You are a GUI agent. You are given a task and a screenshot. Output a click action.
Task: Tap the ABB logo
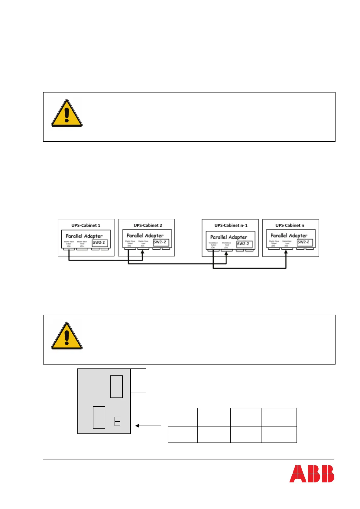pyautogui.click(x=312, y=474)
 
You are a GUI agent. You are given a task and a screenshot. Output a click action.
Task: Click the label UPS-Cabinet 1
pyautogui.click(x=86, y=225)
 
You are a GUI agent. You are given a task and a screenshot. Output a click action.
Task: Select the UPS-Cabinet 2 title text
pyautogui.click(x=148, y=225)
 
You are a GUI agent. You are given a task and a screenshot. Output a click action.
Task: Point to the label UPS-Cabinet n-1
pyautogui.click(x=231, y=225)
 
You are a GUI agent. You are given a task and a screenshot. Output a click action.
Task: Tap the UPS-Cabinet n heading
pyautogui.click(x=290, y=225)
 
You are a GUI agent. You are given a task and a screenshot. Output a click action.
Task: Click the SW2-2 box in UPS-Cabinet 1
pyautogui.click(x=100, y=243)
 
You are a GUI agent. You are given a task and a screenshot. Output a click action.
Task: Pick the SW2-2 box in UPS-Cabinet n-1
pyautogui.click(x=244, y=244)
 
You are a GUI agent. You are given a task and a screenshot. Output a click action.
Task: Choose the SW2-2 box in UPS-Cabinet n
pyautogui.click(x=304, y=242)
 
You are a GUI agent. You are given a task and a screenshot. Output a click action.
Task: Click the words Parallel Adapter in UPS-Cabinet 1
pyautogui.click(x=84, y=236)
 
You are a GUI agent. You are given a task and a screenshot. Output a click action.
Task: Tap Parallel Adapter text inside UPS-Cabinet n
pyautogui.click(x=289, y=235)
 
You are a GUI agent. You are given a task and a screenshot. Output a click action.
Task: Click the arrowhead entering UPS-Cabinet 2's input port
pyautogui.click(x=143, y=251)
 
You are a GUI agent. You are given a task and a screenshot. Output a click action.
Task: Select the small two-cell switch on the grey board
pyautogui.click(x=117, y=421)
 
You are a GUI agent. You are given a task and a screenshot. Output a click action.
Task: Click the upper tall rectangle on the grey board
pyautogui.click(x=116, y=387)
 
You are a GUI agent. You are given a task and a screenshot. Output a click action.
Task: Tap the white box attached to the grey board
pyautogui.click(x=138, y=381)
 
